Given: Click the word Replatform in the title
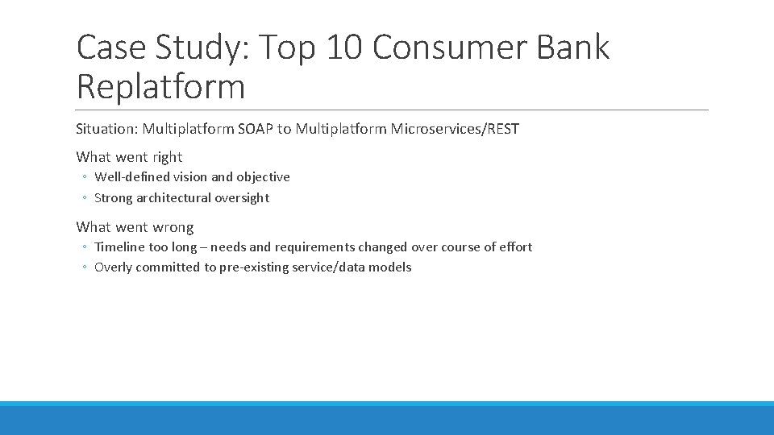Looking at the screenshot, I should click(160, 87).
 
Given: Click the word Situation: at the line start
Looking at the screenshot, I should click(106, 129).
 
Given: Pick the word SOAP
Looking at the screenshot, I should click(256, 129).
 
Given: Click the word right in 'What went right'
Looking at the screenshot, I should click(167, 157).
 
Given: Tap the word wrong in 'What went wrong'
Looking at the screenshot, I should click(172, 227).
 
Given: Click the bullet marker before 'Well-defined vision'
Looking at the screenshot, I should click(84, 177).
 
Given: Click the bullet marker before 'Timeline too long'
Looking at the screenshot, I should click(84, 247).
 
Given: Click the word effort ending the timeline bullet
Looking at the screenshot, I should click(515, 246).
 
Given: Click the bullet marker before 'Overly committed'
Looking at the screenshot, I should click(84, 267).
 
